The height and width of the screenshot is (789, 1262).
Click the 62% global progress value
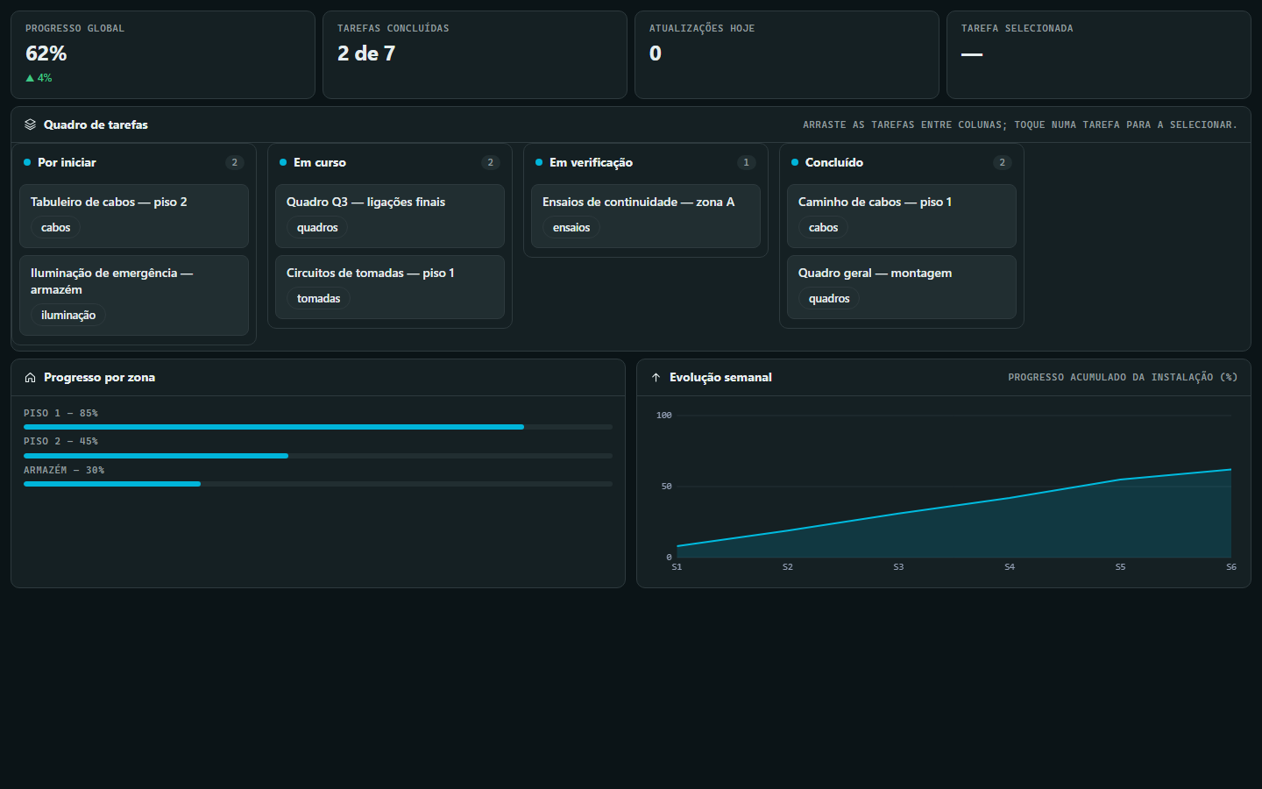(x=46, y=53)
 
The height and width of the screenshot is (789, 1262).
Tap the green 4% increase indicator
(x=39, y=78)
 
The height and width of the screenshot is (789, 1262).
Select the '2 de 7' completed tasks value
(x=366, y=53)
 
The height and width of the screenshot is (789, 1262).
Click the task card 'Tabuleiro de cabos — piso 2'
(x=134, y=216)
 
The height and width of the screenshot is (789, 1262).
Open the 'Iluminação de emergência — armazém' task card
(x=134, y=295)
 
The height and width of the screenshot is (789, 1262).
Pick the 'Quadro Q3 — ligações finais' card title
(x=365, y=202)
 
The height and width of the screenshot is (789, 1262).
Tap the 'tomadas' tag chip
(x=318, y=298)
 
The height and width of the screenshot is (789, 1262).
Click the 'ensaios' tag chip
(x=571, y=227)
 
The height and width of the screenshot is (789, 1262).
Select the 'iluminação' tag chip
(x=68, y=315)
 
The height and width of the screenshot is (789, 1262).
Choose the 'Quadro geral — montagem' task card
(x=902, y=287)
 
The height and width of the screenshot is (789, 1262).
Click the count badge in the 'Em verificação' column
(x=746, y=162)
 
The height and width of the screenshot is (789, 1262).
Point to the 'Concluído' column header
(x=833, y=162)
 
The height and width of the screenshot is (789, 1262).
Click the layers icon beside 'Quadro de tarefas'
(x=31, y=124)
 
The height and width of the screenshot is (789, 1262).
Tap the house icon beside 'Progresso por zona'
(x=31, y=378)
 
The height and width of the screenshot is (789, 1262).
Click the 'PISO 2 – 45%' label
(x=60, y=441)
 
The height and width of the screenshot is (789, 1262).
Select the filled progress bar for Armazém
(x=112, y=484)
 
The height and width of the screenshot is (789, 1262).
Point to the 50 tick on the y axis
(x=666, y=487)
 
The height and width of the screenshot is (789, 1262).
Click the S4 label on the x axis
(x=1009, y=567)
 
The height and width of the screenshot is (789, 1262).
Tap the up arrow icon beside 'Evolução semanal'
(x=656, y=378)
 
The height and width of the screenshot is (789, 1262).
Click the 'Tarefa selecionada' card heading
(x=1017, y=28)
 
